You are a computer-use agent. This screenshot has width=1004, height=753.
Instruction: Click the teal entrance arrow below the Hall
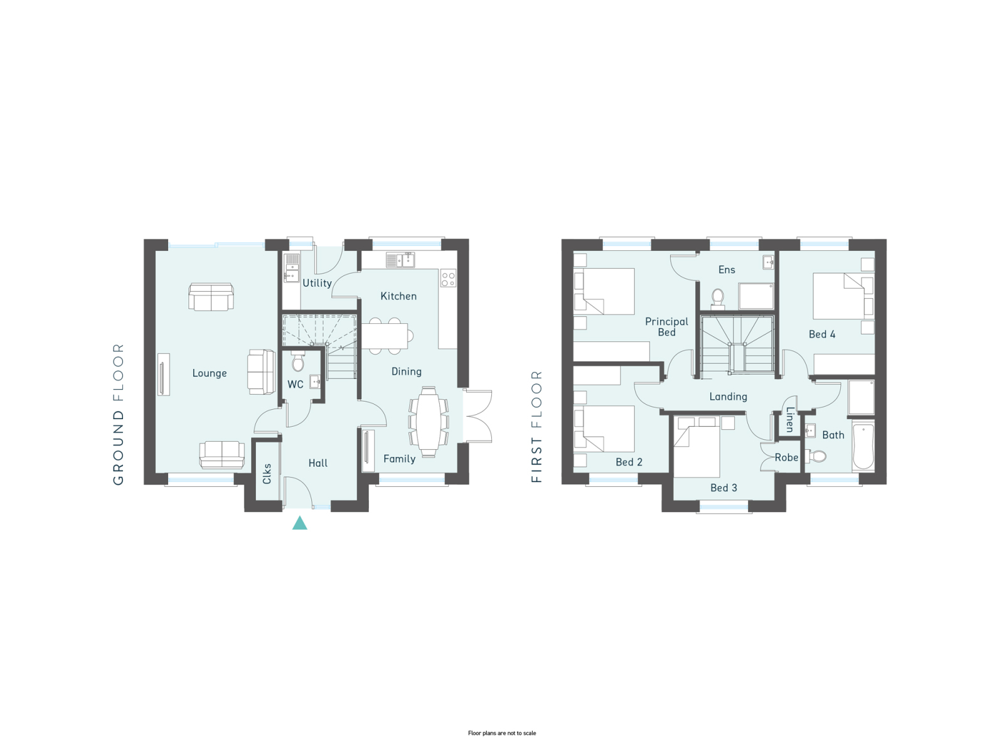pyautogui.click(x=299, y=523)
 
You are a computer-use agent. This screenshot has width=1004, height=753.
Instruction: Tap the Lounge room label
pyautogui.click(x=210, y=373)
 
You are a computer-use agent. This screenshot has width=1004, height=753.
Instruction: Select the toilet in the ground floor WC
pyautogui.click(x=298, y=361)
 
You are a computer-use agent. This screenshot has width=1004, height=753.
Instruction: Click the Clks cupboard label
pyautogui.click(x=267, y=474)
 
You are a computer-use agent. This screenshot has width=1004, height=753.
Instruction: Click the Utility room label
pyautogui.click(x=317, y=283)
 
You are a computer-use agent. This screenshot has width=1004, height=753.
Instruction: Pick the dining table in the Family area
pyautogui.click(x=429, y=422)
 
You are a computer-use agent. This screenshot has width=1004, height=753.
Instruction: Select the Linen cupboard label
pyautogui.click(x=789, y=419)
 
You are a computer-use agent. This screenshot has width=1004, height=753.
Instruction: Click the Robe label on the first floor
pyautogui.click(x=786, y=457)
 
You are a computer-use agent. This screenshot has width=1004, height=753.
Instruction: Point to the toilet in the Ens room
pyautogui.click(x=718, y=297)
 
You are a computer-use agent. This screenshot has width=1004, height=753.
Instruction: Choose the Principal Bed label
pyautogui.click(x=666, y=327)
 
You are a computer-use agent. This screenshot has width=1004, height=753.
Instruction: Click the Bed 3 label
pyautogui.click(x=724, y=488)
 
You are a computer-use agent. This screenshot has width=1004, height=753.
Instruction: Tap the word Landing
pyautogui.click(x=728, y=397)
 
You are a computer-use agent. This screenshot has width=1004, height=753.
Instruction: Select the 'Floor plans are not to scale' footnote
pyautogui.click(x=502, y=733)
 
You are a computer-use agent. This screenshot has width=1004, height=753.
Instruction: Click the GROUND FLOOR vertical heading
pyautogui.click(x=119, y=414)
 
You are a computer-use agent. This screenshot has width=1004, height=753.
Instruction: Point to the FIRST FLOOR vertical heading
pyautogui.click(x=537, y=426)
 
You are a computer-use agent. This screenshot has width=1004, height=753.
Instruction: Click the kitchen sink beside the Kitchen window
pyautogui.click(x=400, y=260)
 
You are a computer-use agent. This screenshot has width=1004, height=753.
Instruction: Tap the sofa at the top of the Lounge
pyautogui.click(x=211, y=297)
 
